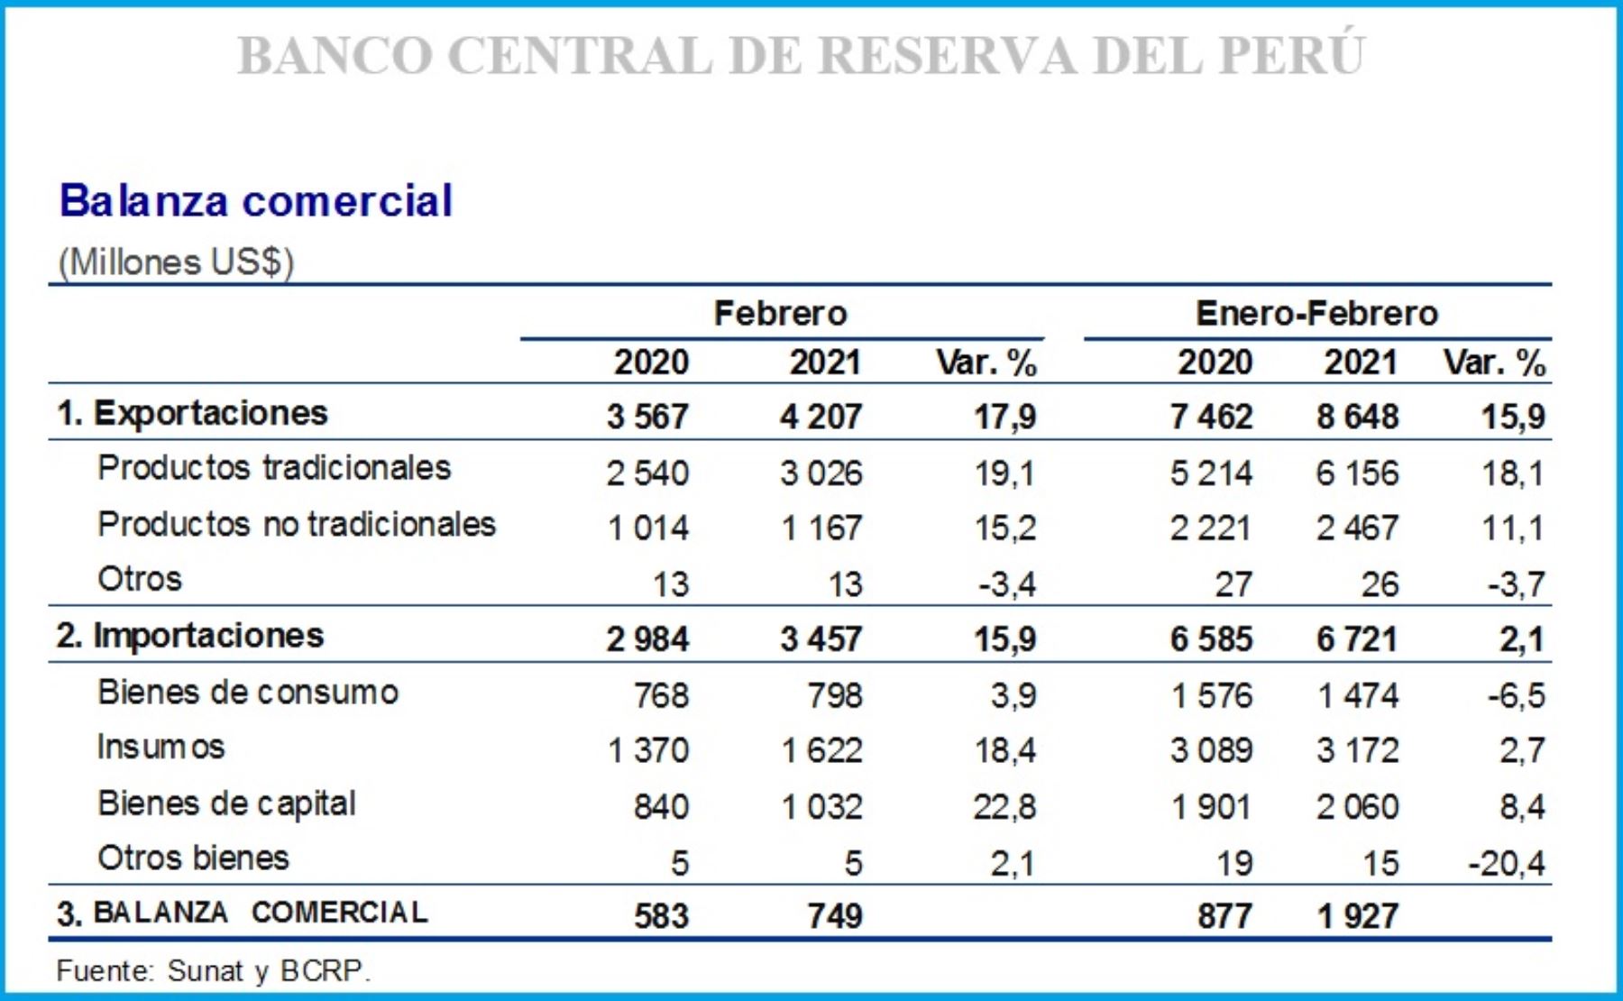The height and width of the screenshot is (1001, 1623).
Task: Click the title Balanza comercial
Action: pos(255,200)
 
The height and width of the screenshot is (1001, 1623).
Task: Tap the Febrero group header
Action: pos(780,314)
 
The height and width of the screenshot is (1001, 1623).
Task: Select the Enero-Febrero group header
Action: pos(1316,314)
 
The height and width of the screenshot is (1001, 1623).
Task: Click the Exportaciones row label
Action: pos(192,413)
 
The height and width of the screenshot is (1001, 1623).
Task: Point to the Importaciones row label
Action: pos(189,636)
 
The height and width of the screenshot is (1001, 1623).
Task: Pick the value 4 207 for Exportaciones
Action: pos(821,417)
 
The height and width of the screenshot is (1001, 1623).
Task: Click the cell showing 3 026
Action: pos(821,473)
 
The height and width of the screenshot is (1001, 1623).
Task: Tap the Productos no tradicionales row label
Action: pos(297,524)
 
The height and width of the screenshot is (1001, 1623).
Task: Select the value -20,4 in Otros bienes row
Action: pos(1506,864)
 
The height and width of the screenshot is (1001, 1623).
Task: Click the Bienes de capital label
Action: pos(226,804)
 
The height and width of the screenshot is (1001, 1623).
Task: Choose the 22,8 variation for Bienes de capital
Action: pos(1004,807)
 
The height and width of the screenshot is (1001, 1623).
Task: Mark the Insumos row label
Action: pos(160,748)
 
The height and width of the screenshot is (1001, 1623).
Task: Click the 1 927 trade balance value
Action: pos(1357,916)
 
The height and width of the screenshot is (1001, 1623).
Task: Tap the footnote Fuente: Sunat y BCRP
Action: pos(213,971)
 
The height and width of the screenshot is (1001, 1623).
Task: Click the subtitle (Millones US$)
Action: pos(176,262)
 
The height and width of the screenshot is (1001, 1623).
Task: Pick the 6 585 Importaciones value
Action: pos(1211,639)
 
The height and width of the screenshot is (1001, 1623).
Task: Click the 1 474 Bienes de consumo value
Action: pos(1357,695)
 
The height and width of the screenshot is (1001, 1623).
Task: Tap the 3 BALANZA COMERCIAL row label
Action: pos(242,913)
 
